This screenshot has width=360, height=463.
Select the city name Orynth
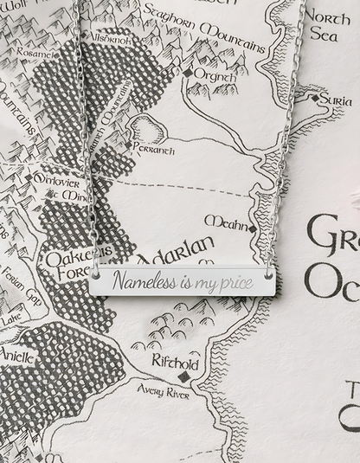point(213,74)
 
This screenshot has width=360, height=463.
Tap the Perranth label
point(155,150)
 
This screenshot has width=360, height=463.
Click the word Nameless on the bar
point(144,281)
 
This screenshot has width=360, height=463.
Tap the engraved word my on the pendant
point(202,282)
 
